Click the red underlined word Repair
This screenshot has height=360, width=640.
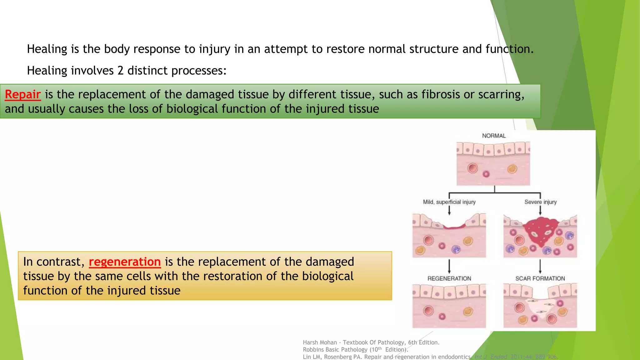click(23, 94)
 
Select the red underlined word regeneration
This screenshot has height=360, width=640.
click(125, 262)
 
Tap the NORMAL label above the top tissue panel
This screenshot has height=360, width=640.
click(493, 136)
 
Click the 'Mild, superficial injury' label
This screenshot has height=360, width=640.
click(449, 202)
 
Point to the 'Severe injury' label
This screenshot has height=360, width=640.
click(540, 202)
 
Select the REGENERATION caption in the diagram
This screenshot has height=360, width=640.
click(449, 278)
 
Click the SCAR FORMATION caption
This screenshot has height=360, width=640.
click(540, 278)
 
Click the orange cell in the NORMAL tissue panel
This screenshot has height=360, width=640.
click(512, 169)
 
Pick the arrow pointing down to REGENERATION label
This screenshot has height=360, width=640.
click(449, 267)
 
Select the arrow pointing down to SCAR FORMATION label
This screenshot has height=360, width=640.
click(540, 267)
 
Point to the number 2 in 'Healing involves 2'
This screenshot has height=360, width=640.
click(121, 71)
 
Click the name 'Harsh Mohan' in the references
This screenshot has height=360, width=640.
click(320, 342)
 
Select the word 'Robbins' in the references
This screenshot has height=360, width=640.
click(313, 350)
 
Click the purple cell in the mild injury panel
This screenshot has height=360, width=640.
click(456, 249)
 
